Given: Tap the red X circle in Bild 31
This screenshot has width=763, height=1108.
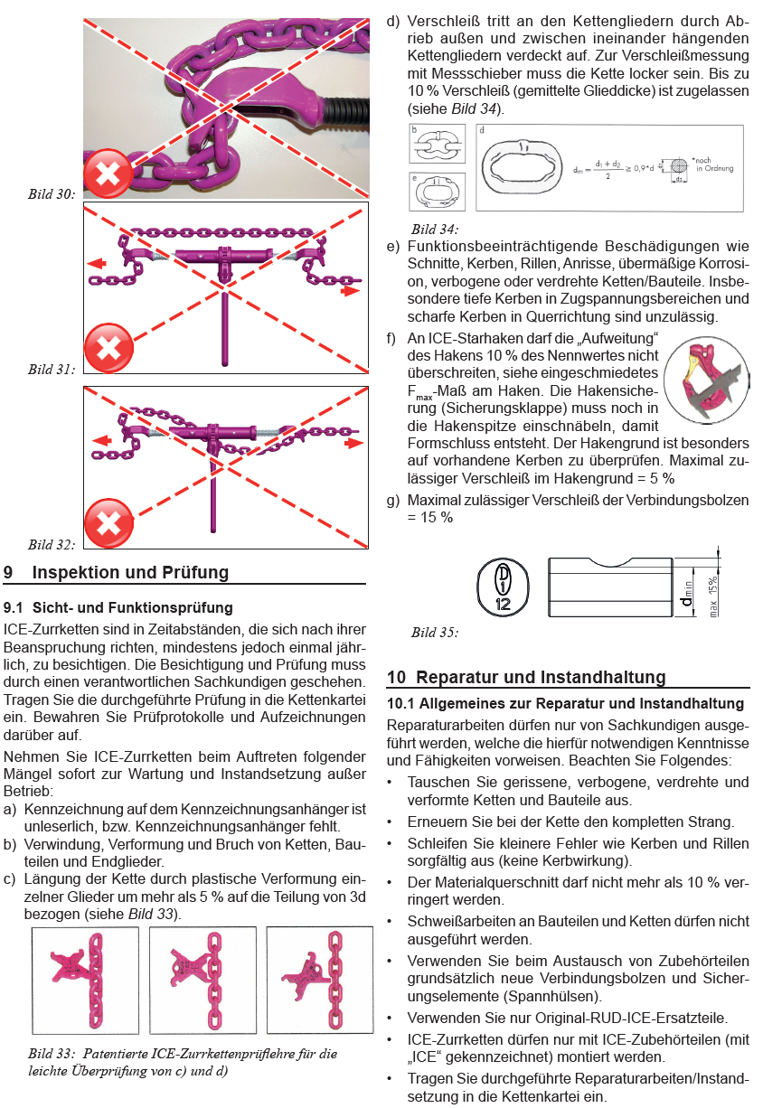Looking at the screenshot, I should coord(108,346).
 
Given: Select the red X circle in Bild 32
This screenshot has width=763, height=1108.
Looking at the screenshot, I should coord(108,523).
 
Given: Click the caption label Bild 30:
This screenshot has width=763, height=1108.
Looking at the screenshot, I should coord(52,192).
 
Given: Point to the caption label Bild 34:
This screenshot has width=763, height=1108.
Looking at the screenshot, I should coord(434,229).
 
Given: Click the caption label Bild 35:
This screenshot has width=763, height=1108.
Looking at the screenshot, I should coord(434,632).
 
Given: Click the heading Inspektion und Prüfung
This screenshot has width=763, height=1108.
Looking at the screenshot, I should coord(130,572).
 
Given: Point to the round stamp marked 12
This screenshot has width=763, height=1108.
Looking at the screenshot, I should coord(502,586).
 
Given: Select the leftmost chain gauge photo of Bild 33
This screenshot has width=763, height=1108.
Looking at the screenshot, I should coord(85,981).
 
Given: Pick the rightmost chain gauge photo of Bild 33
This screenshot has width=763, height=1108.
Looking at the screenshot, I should coord(320,981).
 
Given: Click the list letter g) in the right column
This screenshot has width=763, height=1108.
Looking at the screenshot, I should coord(392,500).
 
